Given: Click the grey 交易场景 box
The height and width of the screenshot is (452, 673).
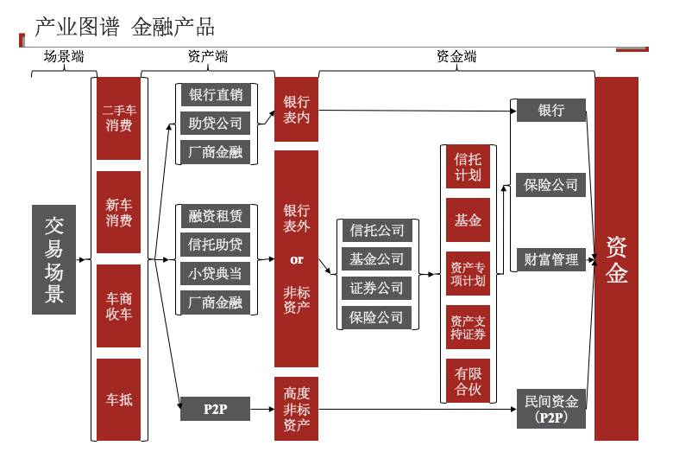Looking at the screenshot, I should point(54,259).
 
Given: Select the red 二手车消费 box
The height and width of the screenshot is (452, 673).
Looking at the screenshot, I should point(118,119).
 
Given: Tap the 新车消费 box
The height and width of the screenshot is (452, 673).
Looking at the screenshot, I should point(118,213).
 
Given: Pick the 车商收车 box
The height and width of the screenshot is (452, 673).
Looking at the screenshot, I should point(118,306).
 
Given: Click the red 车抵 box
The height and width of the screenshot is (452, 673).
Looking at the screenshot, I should point(118,400).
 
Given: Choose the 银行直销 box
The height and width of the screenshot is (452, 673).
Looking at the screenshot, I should point(215,95).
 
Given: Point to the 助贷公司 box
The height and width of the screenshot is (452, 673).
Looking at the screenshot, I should point(215,124).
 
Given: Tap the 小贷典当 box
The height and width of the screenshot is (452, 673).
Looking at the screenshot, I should point(215,273).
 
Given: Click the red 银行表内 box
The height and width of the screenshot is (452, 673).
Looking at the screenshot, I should point(296,110).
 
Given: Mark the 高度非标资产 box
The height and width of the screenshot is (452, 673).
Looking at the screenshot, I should point(296,409).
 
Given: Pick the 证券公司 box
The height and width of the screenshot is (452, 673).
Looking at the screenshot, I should point(375,288).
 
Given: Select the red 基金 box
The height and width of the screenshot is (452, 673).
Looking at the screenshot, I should point(468,220).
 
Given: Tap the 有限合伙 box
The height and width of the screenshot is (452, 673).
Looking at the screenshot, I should point(468,380).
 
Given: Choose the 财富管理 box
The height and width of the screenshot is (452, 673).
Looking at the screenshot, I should point(551,259).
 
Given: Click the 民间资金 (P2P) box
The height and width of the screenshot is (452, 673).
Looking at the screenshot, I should point(551,409).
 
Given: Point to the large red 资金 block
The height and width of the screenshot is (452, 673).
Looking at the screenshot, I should point(616,259).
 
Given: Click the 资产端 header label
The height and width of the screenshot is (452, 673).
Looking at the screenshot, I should point(208,57).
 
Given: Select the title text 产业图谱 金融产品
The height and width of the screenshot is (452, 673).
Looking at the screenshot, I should point(124,27).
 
